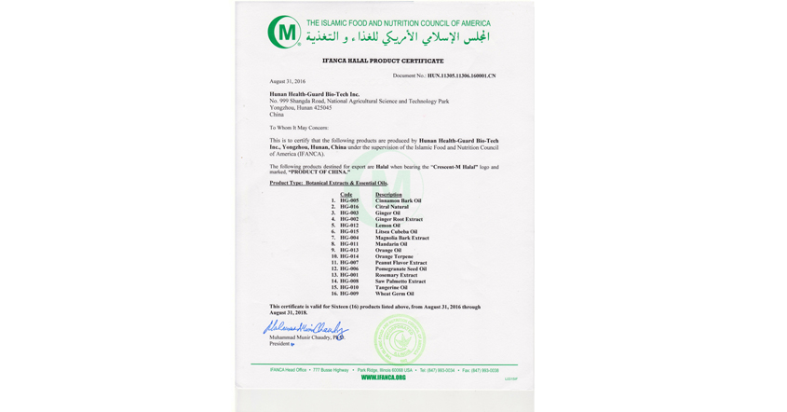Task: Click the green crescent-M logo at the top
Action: click(284, 33)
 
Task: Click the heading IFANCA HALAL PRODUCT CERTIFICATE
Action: click(383, 61)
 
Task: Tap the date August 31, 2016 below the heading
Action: click(288, 81)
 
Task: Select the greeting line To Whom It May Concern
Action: click(299, 128)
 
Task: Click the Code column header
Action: click(346, 195)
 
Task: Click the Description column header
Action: click(389, 195)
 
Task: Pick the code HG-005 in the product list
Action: click(349, 200)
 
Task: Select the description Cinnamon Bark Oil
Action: click(399, 200)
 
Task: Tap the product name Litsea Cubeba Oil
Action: click(397, 232)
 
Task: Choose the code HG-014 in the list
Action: click(349, 256)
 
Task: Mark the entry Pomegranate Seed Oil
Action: click(401, 269)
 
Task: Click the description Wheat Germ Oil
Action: click(395, 294)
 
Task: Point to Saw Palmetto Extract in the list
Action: click(400, 282)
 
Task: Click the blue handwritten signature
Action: click(305, 328)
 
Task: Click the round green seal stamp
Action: click(399, 337)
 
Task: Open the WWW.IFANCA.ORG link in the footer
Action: click(384, 378)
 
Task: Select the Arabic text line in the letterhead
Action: click(398, 38)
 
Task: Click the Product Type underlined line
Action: click(329, 184)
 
